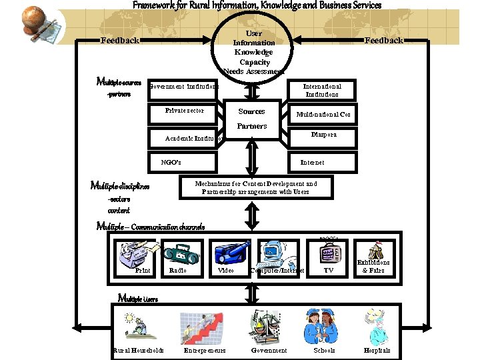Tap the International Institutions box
[322, 91]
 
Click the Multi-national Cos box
[323, 115]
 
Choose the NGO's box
[181, 162]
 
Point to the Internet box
[312, 162]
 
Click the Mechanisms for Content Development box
[256, 187]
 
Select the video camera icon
[229, 254]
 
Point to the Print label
[143, 271]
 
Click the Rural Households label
[138, 351]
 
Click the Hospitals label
[377, 351]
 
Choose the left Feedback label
[120, 41]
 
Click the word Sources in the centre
[251, 111]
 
